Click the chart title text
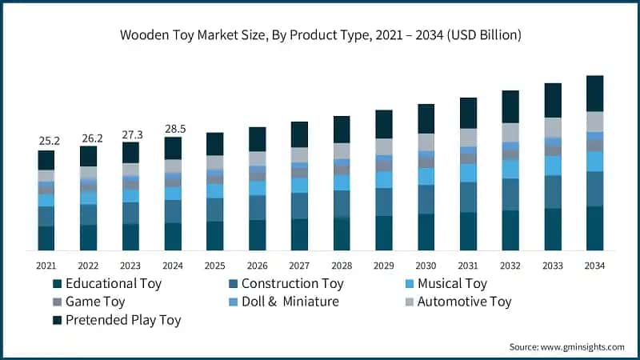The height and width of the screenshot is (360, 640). point(320,34)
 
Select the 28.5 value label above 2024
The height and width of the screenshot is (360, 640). point(173,128)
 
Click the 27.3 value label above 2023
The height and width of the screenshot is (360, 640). point(130,134)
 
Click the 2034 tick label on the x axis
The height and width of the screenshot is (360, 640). point(594,265)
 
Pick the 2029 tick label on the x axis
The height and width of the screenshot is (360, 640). point(383,265)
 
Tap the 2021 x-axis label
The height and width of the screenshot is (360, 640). point(46,265)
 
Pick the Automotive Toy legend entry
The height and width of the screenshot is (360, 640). point(459,302)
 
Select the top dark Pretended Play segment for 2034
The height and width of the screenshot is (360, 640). point(594,93)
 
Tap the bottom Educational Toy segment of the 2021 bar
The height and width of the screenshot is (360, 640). point(46,238)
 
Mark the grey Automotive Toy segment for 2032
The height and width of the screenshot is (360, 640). point(510,132)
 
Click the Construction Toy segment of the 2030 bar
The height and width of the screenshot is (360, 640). point(426,199)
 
